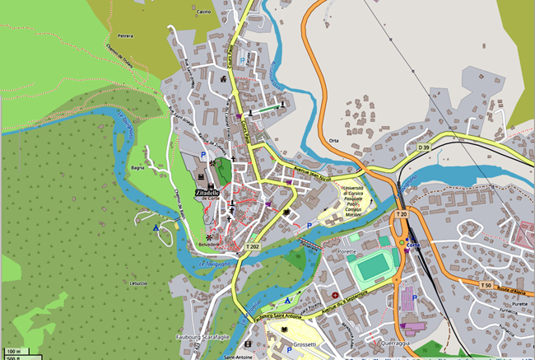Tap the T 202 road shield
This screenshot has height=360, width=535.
[x=253, y=246]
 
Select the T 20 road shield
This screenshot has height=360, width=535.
[x=401, y=214]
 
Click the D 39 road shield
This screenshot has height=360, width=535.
[x=423, y=147]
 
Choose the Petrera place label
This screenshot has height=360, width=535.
[x=125, y=36]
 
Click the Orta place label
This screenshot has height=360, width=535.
[x=333, y=140]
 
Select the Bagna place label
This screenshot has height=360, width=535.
[x=137, y=169]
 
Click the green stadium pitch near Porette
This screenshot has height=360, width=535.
[x=370, y=269]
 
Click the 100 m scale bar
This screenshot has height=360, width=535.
[x=14, y=351]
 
